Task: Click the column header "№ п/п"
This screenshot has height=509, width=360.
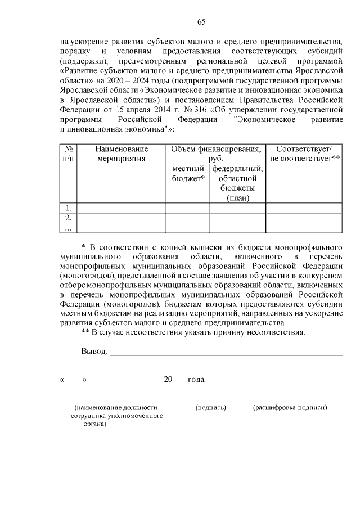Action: [67, 154]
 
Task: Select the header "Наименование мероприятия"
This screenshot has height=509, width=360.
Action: [121, 154]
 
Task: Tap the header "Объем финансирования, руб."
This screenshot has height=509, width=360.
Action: [215, 154]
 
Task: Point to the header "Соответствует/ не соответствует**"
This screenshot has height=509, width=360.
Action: [304, 154]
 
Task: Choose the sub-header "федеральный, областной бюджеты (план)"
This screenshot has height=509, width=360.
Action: [237, 183]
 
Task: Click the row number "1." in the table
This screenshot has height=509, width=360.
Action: [67, 208]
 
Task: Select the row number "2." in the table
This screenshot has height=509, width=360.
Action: [67, 218]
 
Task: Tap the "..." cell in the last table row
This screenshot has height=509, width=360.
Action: [67, 228]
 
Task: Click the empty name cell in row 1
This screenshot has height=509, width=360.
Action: [121, 208]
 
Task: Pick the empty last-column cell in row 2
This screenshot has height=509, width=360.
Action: [304, 218]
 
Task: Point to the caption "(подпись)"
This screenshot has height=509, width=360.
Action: [210, 407]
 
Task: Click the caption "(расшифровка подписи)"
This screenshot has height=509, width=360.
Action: [290, 407]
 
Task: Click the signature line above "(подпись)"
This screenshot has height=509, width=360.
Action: [211, 401]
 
